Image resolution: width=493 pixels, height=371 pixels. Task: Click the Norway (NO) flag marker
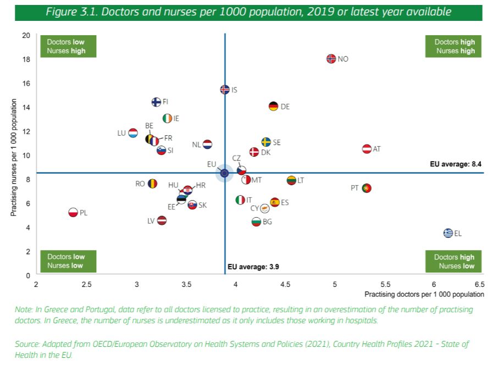tap(331, 59)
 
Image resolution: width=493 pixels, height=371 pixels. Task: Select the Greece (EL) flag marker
tap(448, 233)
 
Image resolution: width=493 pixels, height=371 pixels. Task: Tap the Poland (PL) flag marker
tap(73, 213)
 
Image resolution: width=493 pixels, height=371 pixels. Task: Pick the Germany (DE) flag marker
tap(273, 107)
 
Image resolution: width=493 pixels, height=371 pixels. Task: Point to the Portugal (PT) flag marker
tap(367, 188)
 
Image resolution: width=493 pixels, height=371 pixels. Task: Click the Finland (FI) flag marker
tap(156, 102)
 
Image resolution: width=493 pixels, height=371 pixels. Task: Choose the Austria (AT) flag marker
tap(367, 149)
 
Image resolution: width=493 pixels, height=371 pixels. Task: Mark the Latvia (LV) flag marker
tap(162, 220)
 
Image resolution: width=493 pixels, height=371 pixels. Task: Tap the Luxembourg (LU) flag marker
tap(132, 133)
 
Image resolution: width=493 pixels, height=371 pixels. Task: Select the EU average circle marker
tap(224, 173)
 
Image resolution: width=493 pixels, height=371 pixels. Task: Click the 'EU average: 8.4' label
tap(456, 164)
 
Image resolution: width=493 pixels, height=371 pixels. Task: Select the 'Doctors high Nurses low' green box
tap(454, 262)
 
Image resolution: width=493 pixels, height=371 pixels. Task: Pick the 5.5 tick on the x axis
tap(385, 284)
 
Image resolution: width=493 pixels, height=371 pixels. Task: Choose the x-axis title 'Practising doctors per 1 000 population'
tap(424, 295)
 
